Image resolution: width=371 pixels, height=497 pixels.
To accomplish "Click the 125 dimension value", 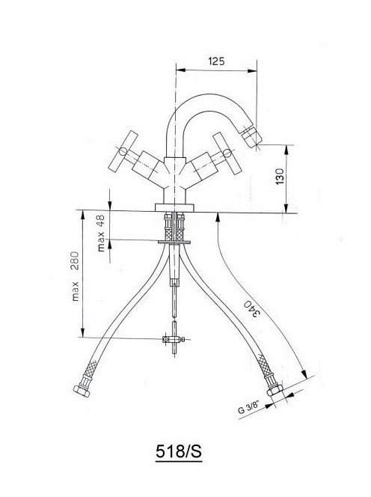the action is pyautogui.click(x=216, y=61).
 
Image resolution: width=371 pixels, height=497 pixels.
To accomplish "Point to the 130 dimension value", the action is pyautogui.click(x=280, y=177).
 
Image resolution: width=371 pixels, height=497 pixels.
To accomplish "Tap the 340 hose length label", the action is pyautogui.click(x=252, y=308).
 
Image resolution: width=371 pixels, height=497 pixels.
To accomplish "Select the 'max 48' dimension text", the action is pyautogui.click(x=101, y=233).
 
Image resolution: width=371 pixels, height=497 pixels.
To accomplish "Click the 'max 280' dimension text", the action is pyautogui.click(x=75, y=276).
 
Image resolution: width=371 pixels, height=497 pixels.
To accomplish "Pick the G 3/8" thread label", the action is pyautogui.click(x=249, y=407).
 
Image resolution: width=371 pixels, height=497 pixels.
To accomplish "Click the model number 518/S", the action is pyautogui.click(x=179, y=451).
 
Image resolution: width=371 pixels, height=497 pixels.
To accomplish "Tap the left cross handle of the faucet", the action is pyautogui.click(x=123, y=150).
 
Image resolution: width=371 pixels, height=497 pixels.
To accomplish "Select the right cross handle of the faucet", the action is pyautogui.click(x=227, y=153).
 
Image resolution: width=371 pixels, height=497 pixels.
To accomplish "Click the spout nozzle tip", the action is pyautogui.click(x=252, y=138).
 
